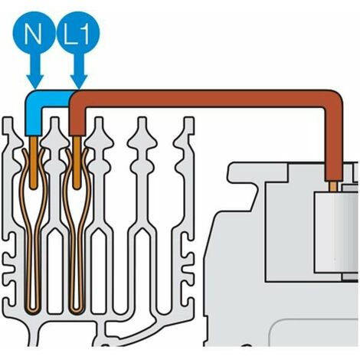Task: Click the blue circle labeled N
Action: (x=34, y=32)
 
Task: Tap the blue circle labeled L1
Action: (x=77, y=32)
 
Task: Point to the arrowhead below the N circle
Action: (x=35, y=81)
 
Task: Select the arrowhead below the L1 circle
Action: (x=79, y=81)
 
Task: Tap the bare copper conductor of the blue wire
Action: (x=33, y=162)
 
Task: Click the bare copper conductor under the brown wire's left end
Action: (x=77, y=162)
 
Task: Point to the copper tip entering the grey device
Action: (x=332, y=185)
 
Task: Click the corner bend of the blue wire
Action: (x=33, y=98)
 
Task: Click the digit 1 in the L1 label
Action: (x=84, y=34)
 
